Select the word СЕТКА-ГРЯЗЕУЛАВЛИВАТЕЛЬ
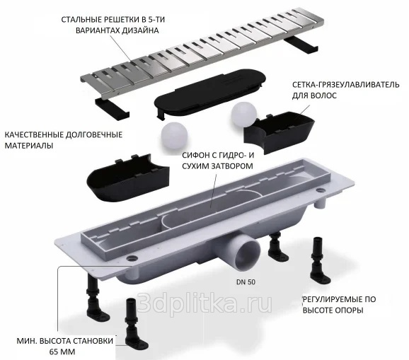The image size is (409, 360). pyautogui.click(x=345, y=85)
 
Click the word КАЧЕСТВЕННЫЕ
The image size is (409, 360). pyautogui.click(x=33, y=135)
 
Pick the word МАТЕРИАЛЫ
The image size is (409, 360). pyautogui.click(x=29, y=146)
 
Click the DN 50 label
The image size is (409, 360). pyautogui.click(x=246, y=282)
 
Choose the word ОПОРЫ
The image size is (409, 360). pyautogui.click(x=350, y=310)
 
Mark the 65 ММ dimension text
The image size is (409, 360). pyautogui.click(x=62, y=352)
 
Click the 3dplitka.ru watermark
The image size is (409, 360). pyautogui.click(x=204, y=303)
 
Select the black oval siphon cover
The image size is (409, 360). pyautogui.click(x=210, y=93)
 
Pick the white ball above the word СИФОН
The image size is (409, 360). pyautogui.click(x=174, y=135)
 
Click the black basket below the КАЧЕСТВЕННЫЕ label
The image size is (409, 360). pyautogui.click(x=128, y=178)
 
